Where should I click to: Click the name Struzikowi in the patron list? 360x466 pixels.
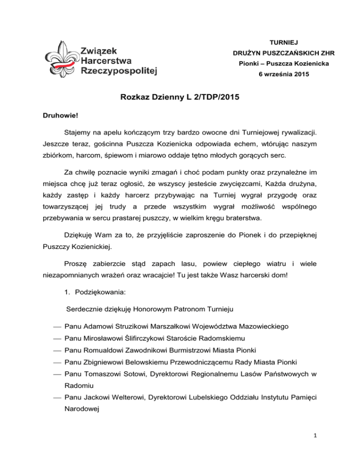(x=139, y=325)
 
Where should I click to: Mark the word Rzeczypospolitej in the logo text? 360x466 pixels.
(x=119, y=71)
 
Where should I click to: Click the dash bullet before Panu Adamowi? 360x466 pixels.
(x=57, y=325)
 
